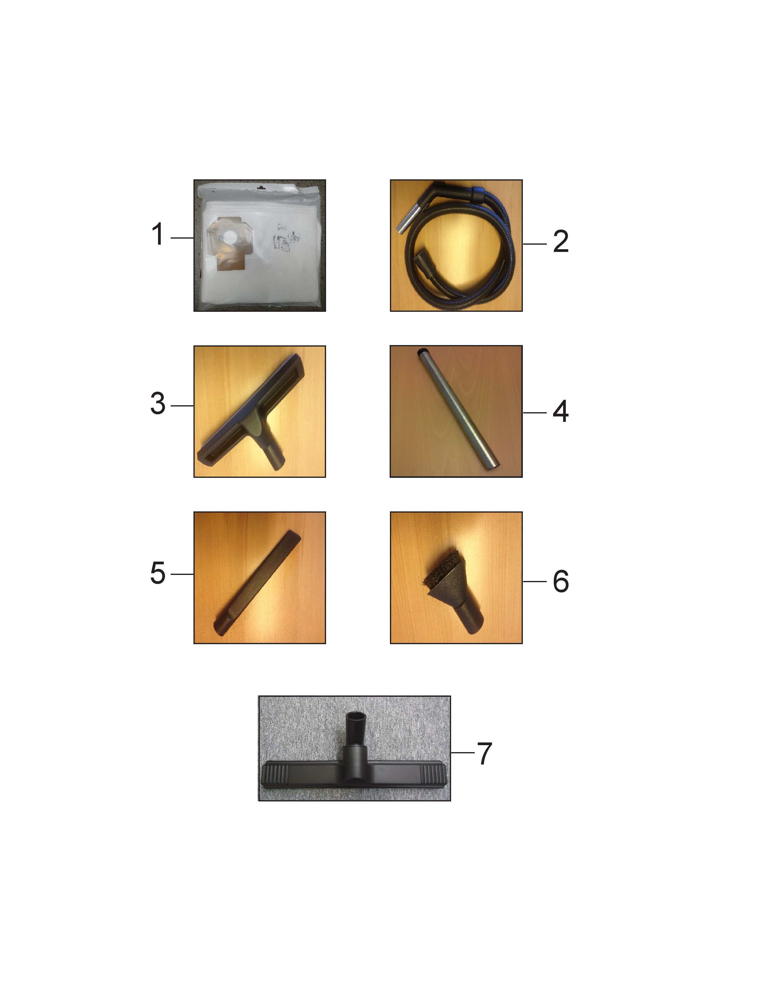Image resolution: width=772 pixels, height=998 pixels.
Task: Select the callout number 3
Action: pyautogui.click(x=158, y=404)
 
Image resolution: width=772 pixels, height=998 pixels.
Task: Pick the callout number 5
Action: pyautogui.click(x=158, y=573)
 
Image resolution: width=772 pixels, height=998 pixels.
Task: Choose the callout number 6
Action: pyautogui.click(x=561, y=581)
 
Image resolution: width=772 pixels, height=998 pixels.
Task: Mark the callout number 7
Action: pyautogui.click(x=484, y=754)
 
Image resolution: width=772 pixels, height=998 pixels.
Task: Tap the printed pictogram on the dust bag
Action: pyautogui.click(x=285, y=238)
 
